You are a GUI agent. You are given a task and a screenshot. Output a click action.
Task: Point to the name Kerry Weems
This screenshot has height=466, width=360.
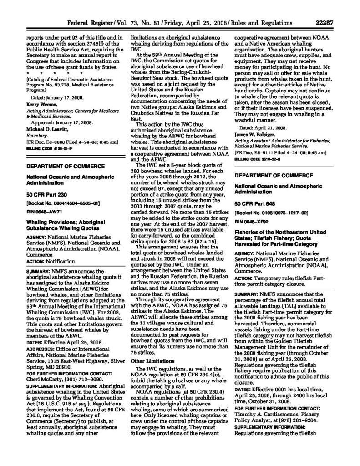click(x=37, y=105)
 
